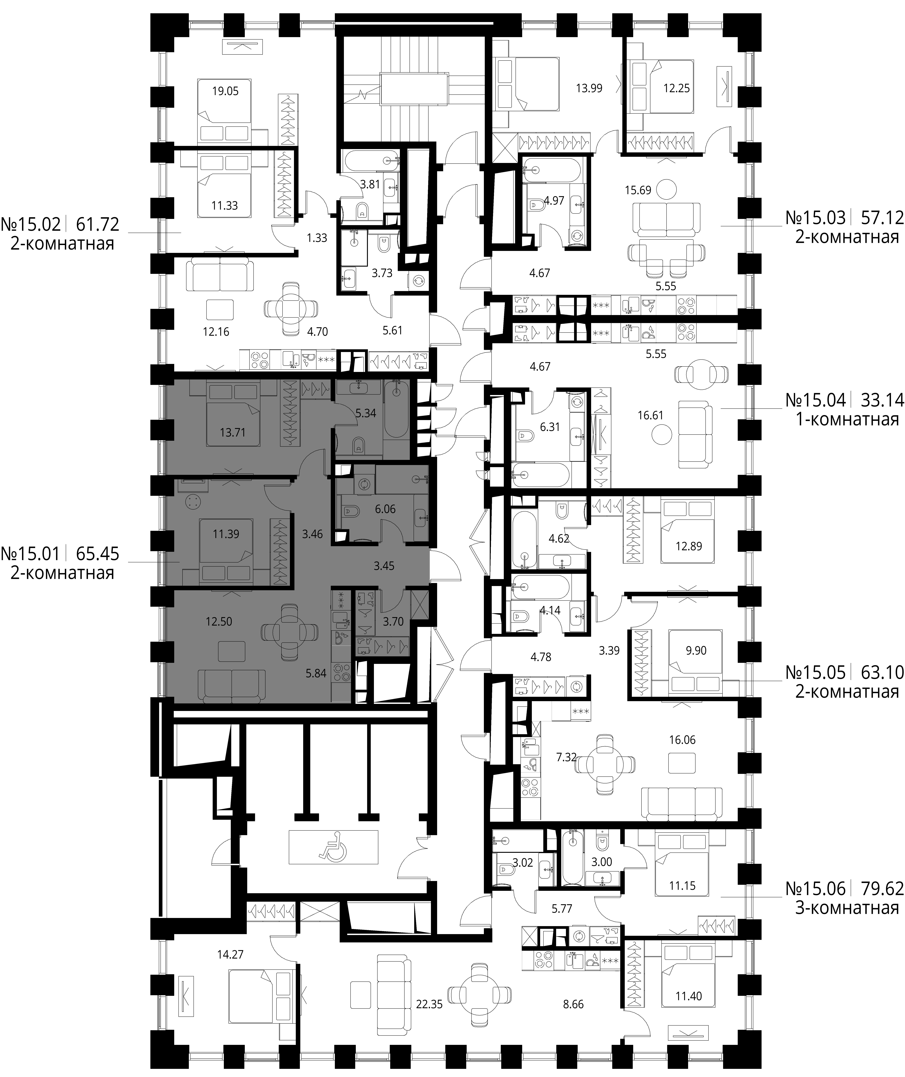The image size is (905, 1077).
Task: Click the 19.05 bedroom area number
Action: tap(225, 91)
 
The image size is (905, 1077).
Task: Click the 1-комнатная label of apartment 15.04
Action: tap(847, 420)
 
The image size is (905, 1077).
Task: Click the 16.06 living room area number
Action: tap(682, 740)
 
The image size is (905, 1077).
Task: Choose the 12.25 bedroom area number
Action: tap(676, 88)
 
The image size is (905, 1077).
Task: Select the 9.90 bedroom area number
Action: tap(696, 651)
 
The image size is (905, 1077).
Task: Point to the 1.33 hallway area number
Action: tap(317, 238)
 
